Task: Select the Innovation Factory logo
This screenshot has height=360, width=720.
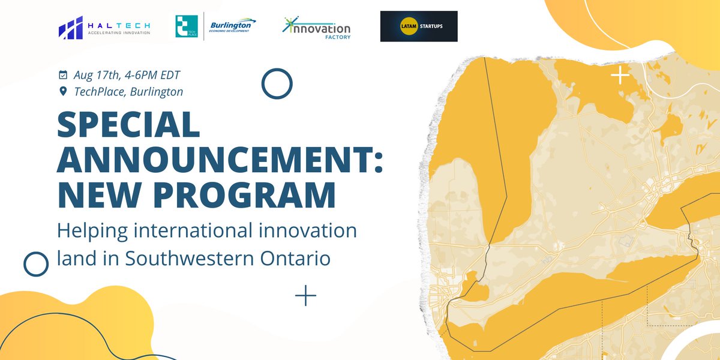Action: (x=316, y=28)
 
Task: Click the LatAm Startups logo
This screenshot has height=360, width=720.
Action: (x=419, y=26)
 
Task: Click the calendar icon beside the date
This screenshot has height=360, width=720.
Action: (x=63, y=76)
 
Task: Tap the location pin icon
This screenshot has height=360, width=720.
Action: (x=63, y=92)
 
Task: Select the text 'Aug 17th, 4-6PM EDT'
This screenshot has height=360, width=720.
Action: (x=127, y=76)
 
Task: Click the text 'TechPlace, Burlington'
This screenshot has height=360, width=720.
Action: (x=128, y=92)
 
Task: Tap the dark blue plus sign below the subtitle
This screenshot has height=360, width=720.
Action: (x=305, y=295)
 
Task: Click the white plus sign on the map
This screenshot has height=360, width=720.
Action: (x=620, y=76)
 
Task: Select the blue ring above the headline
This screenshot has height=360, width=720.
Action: (x=277, y=83)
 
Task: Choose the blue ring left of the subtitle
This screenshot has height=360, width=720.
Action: (x=35, y=263)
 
